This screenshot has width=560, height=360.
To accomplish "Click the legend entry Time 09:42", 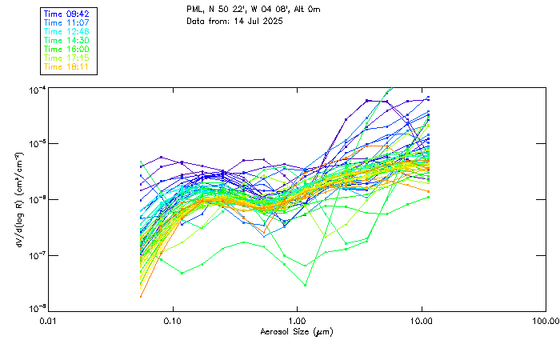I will pos(67,14).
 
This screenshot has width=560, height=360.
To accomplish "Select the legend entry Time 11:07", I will pos(67,22).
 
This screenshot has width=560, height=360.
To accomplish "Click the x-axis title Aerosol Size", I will pos(297,331).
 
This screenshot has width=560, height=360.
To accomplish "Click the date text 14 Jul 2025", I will pos(249,21).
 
